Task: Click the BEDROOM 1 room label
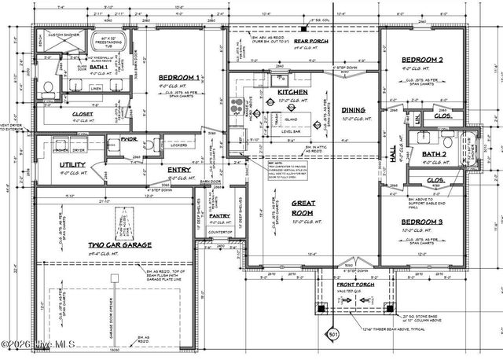[180, 78]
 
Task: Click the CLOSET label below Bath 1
[83, 114]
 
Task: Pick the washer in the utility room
[60, 148]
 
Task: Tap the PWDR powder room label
[130, 140]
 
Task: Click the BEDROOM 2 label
[424, 60]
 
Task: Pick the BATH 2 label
[434, 154]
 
